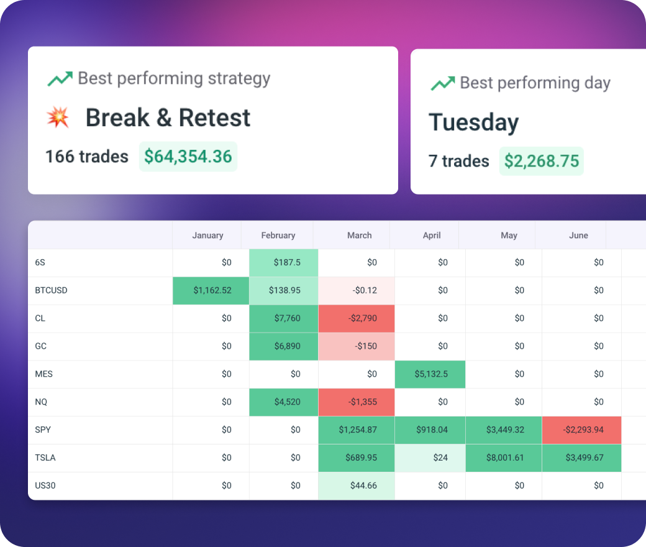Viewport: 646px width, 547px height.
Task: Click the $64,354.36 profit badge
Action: tap(188, 157)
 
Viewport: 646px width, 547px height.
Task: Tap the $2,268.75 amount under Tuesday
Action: tap(541, 161)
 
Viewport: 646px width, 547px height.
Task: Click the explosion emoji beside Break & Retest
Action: tap(58, 117)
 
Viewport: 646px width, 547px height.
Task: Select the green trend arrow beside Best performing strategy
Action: tap(60, 79)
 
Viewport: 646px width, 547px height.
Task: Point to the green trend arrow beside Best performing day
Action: tap(442, 83)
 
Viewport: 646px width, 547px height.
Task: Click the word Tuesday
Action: tap(473, 122)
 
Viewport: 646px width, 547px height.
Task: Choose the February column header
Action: tap(278, 236)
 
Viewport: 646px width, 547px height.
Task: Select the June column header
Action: tap(578, 236)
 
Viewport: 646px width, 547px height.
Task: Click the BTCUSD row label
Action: tap(52, 290)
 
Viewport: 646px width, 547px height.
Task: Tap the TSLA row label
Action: tap(45, 458)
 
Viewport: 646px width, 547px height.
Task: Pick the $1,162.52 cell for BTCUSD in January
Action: tap(211, 290)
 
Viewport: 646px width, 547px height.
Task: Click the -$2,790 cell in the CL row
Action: tap(357, 318)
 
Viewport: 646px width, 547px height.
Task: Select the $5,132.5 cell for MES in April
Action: tap(430, 374)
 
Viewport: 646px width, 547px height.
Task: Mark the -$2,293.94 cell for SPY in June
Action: tap(581, 430)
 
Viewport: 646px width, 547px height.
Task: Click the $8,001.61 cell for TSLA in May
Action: tap(503, 458)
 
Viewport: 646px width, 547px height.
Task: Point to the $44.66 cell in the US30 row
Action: tap(357, 485)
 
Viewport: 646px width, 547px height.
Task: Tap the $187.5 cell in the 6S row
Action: tap(284, 262)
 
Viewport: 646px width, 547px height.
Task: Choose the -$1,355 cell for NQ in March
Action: tap(357, 402)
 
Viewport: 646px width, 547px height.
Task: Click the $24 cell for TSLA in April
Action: tap(430, 458)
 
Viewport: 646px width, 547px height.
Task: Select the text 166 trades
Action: tap(87, 157)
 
